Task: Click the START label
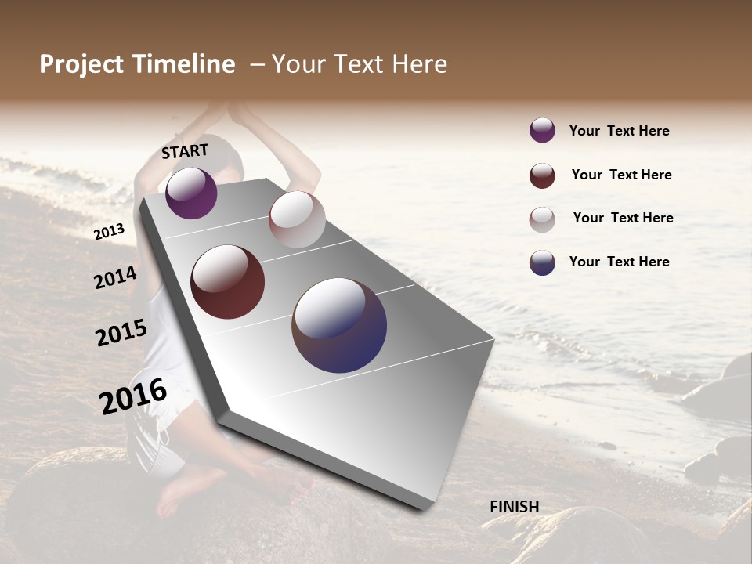click(x=185, y=150)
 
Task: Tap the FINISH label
click(x=514, y=507)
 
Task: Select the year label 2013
click(x=110, y=232)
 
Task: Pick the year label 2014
click(x=115, y=278)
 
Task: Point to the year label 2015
click(x=121, y=333)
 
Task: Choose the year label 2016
click(x=133, y=396)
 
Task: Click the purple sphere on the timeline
click(x=191, y=193)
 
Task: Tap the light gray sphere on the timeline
click(x=297, y=219)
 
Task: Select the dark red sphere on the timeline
click(x=228, y=282)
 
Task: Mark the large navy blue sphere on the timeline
click(x=339, y=325)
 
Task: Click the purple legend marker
click(x=542, y=130)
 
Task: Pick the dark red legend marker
click(x=542, y=175)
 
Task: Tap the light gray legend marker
click(x=542, y=219)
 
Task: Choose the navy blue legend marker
click(x=542, y=262)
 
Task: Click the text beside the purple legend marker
click(x=619, y=131)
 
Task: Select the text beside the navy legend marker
click(x=619, y=262)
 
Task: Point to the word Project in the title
click(x=82, y=64)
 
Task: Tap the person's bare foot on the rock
click(x=176, y=493)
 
